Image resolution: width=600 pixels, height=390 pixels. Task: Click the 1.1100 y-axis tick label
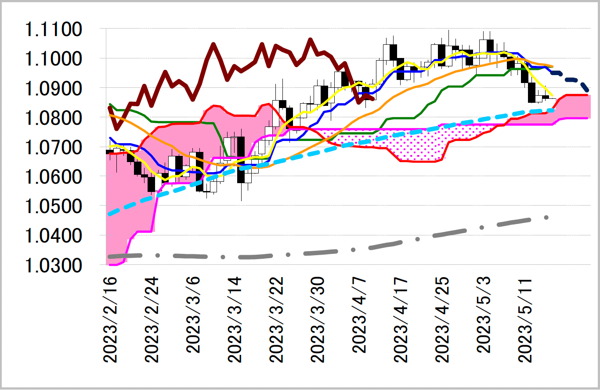pyautogui.click(x=54, y=30)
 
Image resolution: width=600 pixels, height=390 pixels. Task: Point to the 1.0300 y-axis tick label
pyautogui.click(x=54, y=265)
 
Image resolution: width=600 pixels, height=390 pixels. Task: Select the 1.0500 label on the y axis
pyautogui.click(x=54, y=206)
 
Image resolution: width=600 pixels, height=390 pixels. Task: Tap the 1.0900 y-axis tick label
pyautogui.click(x=54, y=89)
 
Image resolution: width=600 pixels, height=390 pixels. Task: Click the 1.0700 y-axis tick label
pyautogui.click(x=54, y=148)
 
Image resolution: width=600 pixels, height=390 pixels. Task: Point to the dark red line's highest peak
pyautogui.click(x=310, y=40)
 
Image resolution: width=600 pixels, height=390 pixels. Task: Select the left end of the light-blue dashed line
pyautogui.click(x=109, y=214)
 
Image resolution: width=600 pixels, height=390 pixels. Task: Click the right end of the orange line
pyautogui.click(x=552, y=66)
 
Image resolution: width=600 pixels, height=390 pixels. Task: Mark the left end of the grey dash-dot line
pyautogui.click(x=109, y=256)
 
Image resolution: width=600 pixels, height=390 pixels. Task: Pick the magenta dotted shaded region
pyautogui.click(x=413, y=145)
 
